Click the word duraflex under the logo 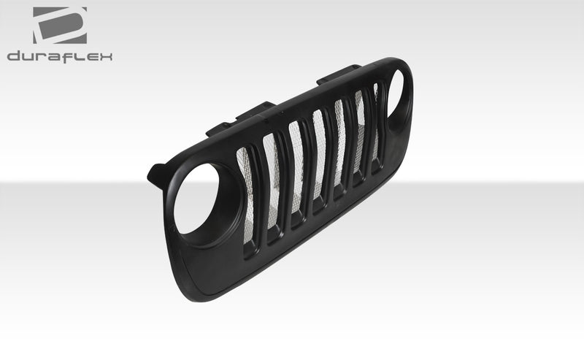click(x=60, y=56)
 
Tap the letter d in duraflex click(x=14, y=56)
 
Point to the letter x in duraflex click(x=107, y=56)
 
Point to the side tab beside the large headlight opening click(x=156, y=176)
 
